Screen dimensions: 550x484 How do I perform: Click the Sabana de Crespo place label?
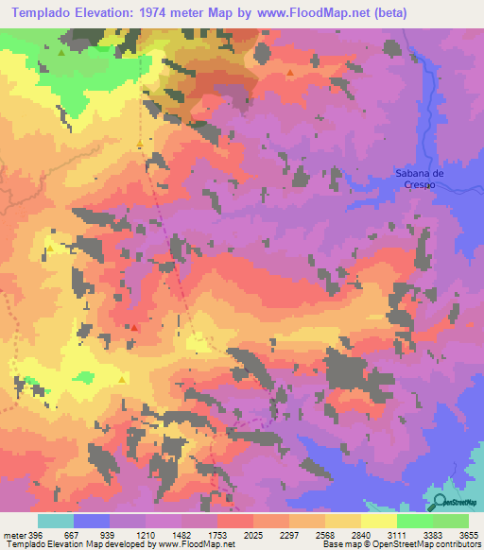point(418,179)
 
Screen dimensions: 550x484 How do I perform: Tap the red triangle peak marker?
point(134,328)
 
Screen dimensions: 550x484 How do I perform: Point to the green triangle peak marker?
point(61,53)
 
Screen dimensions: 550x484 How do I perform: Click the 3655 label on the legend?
point(469,535)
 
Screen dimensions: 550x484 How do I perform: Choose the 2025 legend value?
point(252,535)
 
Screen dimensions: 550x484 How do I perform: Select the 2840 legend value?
point(361,535)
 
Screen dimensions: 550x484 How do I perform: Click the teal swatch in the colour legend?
point(56,521)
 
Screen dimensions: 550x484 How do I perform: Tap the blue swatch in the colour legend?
point(92,521)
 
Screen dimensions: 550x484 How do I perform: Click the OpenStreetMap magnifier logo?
point(440,502)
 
